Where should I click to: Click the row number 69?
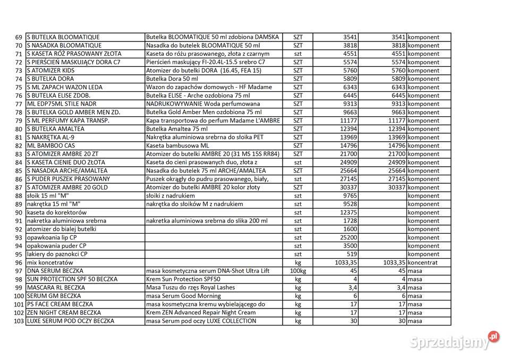(19, 37)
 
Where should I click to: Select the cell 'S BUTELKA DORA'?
(50, 79)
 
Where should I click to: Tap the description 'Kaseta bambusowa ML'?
(177, 145)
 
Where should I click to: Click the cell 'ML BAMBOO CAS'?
(51, 145)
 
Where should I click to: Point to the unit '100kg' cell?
(297, 271)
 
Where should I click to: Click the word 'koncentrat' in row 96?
(423, 262)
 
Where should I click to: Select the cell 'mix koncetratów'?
(50, 262)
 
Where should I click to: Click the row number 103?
(18, 321)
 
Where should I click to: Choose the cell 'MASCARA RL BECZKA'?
(55, 287)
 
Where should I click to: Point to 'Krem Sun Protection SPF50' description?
(183, 279)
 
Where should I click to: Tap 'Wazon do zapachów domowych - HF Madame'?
(209, 87)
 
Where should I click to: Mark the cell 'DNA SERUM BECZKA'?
(55, 271)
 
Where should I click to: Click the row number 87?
(19, 187)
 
